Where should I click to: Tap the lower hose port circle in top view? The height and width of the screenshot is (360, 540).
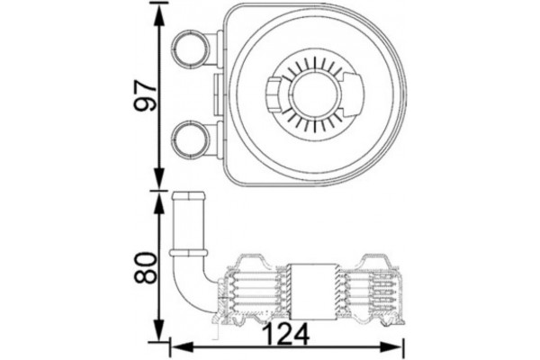[x=190, y=137]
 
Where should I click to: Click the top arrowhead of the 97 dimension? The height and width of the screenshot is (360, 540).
[x=161, y=11]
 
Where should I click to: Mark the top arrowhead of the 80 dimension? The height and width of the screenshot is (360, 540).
[x=161, y=195]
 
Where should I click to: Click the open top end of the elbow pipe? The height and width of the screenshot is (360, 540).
[x=190, y=196]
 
